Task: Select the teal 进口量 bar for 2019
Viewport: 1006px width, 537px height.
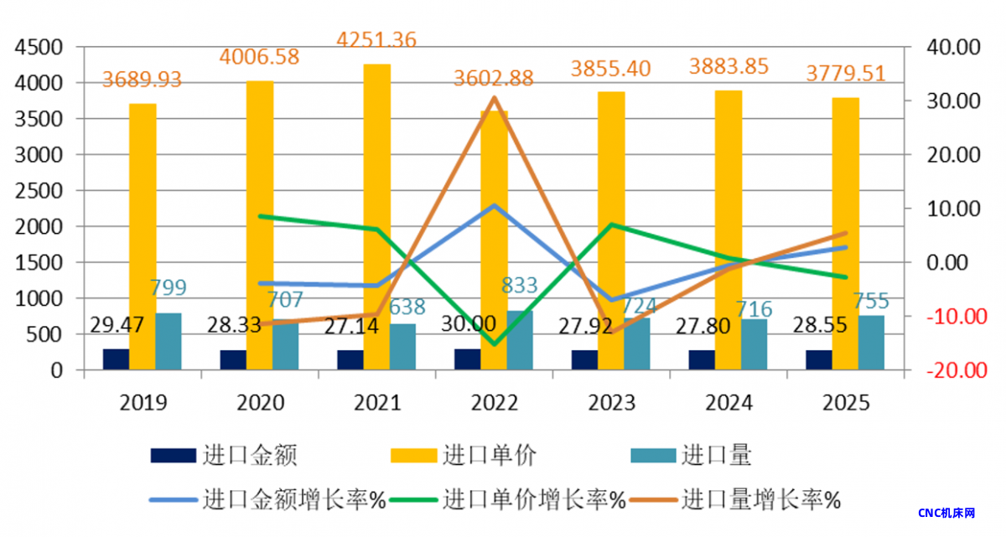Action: pyautogui.click(x=168, y=341)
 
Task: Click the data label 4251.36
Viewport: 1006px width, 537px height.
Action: pyautogui.click(x=376, y=39)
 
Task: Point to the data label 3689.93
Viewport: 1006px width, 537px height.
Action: pyautogui.click(x=142, y=80)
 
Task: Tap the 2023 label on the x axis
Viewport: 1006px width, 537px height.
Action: pyautogui.click(x=611, y=403)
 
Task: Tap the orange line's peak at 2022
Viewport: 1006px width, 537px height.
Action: pyautogui.click(x=495, y=97)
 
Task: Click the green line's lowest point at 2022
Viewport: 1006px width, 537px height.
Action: pyautogui.click(x=495, y=343)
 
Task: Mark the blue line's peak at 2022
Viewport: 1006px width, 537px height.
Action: pyautogui.click(x=495, y=205)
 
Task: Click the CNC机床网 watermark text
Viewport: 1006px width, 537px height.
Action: pyautogui.click(x=946, y=513)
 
